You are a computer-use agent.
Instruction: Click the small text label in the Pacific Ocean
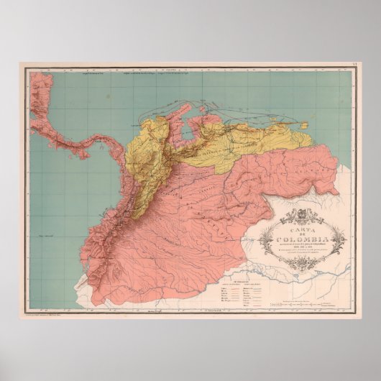pos(49,236)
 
